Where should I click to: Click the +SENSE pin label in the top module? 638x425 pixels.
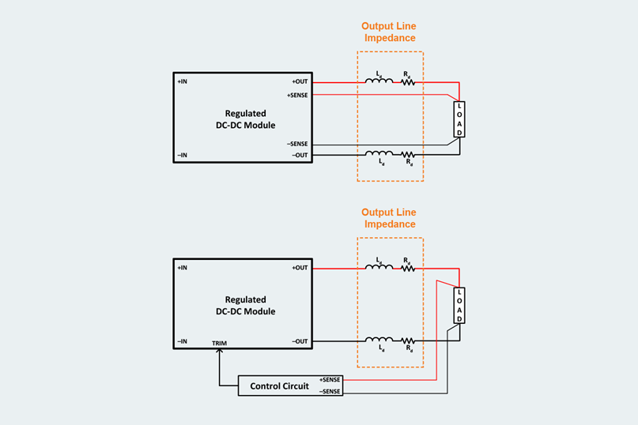click(298, 94)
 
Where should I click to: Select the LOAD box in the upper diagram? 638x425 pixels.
click(459, 119)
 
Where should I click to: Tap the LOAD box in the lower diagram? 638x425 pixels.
click(459, 305)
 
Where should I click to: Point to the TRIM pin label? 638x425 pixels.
click(220, 344)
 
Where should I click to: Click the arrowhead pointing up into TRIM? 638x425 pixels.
click(220, 352)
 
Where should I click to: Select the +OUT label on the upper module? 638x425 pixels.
click(300, 81)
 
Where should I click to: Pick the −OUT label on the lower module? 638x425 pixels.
click(300, 341)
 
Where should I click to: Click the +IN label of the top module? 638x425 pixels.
click(183, 81)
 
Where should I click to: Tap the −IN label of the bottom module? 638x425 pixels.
click(183, 341)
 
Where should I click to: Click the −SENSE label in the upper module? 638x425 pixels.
click(298, 144)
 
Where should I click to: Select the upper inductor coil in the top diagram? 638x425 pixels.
click(379, 81)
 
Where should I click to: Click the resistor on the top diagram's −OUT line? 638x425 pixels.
click(408, 155)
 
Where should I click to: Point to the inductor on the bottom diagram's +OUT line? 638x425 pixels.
click(379, 268)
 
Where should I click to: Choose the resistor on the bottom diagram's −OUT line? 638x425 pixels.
click(408, 341)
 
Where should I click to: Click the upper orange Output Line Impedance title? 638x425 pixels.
click(389, 32)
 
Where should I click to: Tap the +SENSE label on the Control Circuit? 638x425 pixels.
click(330, 379)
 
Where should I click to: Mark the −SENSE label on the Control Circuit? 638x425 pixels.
click(330, 391)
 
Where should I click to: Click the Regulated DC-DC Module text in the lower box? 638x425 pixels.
click(245, 306)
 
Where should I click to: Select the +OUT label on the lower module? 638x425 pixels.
click(300, 268)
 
